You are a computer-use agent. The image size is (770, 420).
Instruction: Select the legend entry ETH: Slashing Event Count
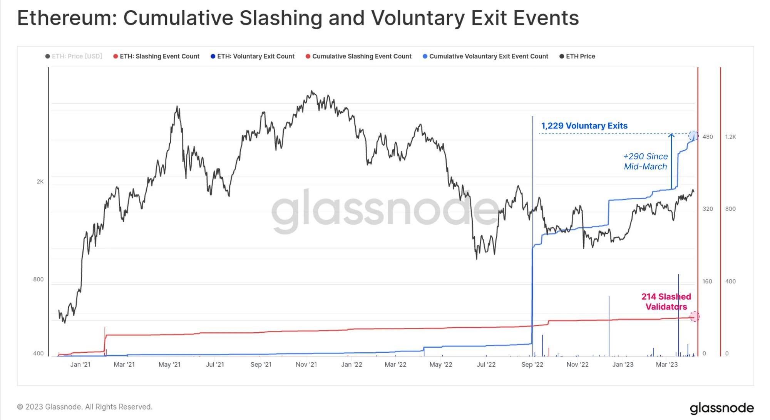[x=159, y=57]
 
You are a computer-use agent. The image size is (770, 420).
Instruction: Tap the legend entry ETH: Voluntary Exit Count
[x=256, y=57]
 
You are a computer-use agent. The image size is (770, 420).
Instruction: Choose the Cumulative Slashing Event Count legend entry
[x=362, y=57]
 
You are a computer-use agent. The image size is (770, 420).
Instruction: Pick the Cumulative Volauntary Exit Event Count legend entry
[x=488, y=57]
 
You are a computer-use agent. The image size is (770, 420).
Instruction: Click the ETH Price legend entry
[x=580, y=57]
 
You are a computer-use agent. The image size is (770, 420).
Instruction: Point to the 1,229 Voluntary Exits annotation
[x=584, y=126]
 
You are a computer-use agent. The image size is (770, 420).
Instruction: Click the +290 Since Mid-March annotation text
[x=646, y=162]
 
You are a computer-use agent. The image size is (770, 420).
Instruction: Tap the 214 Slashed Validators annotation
[x=666, y=302]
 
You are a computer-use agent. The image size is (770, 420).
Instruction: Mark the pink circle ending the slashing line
[x=694, y=317]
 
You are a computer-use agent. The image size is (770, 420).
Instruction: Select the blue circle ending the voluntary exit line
[x=693, y=135]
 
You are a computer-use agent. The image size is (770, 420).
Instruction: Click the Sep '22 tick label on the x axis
[x=532, y=365]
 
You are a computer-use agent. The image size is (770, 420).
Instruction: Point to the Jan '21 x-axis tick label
[x=80, y=365]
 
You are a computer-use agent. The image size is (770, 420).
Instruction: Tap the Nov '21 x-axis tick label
[x=306, y=365]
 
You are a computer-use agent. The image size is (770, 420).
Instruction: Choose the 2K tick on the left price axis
[x=40, y=182]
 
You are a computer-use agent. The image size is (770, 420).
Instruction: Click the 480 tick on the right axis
[x=708, y=137]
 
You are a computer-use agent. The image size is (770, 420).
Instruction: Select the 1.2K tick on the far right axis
[x=730, y=137]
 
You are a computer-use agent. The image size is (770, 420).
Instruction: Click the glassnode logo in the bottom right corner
[x=721, y=408]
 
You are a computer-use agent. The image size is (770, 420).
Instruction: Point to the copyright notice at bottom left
[x=85, y=407]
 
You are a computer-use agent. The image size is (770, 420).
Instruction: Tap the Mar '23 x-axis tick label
[x=666, y=365]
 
